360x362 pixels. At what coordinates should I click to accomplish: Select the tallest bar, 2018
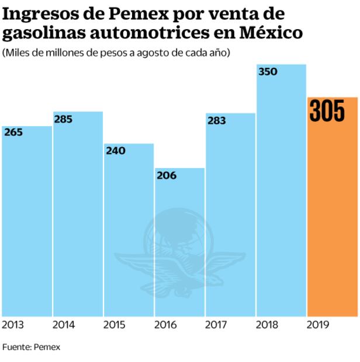(x=281, y=193)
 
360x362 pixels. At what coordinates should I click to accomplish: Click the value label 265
(x=13, y=133)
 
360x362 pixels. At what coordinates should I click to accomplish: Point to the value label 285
(x=64, y=119)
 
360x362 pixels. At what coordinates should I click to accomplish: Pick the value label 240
(x=115, y=151)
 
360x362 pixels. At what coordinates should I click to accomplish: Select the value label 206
(x=167, y=175)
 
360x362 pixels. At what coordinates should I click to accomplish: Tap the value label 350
(x=268, y=72)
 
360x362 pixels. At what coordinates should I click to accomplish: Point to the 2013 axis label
(x=12, y=325)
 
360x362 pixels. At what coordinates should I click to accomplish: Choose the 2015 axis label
(x=115, y=325)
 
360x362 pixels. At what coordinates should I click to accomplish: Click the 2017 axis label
(x=217, y=325)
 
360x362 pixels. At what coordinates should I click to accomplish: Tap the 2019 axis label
(x=319, y=325)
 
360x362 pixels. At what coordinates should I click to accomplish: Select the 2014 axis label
(x=64, y=325)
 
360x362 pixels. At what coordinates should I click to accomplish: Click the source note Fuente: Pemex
(x=31, y=347)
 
